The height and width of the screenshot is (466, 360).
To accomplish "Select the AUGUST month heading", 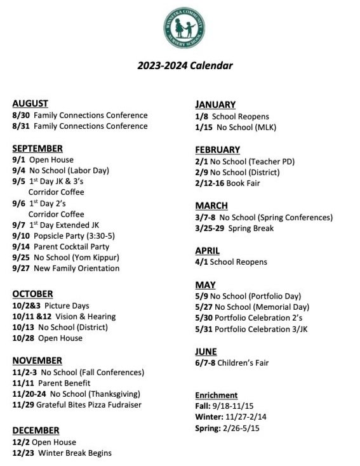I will (x=30, y=103).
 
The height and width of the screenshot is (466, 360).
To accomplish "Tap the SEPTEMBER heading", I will (x=37, y=148).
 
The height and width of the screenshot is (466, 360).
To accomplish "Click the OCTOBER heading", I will (x=32, y=294).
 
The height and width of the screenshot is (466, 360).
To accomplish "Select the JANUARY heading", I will (x=215, y=104).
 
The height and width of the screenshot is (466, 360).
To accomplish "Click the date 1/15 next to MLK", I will (x=203, y=127).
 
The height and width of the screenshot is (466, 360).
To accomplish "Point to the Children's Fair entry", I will (x=243, y=363).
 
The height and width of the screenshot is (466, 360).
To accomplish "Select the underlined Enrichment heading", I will (x=217, y=395).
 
